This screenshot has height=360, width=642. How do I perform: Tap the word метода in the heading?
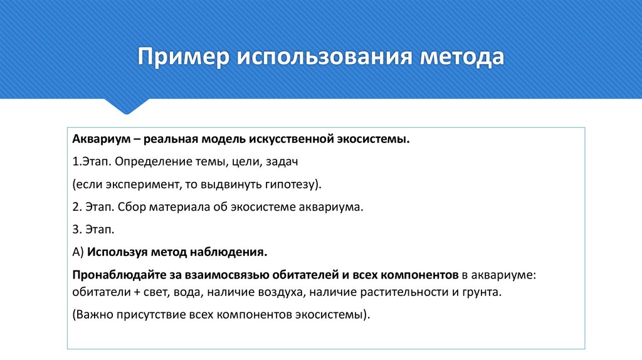(x=462, y=57)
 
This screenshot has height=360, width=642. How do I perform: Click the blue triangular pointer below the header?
(x=127, y=106)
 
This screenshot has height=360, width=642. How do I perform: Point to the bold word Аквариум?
(x=98, y=138)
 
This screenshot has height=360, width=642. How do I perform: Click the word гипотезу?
(x=288, y=184)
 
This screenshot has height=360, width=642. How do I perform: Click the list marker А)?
(x=78, y=252)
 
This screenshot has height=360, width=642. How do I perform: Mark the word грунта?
(x=483, y=292)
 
